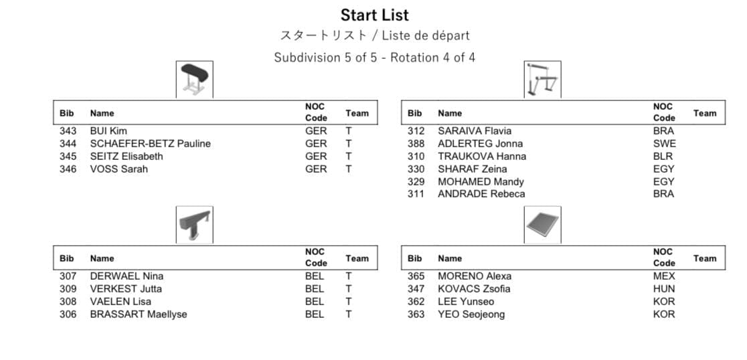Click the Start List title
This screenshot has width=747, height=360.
374,15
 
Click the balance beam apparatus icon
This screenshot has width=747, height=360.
194,225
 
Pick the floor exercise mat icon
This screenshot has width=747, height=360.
542,225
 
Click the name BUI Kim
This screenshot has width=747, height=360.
108,131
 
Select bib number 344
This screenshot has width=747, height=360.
68,144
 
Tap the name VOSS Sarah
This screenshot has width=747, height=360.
119,169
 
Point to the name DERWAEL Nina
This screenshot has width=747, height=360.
127,276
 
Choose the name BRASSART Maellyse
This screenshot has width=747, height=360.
139,314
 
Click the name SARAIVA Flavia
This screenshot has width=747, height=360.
474,131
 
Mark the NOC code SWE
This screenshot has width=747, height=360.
664,144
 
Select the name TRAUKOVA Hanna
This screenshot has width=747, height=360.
482,157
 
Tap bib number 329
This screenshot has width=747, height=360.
416,182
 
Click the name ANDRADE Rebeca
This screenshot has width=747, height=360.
481,195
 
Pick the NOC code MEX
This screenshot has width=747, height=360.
664,276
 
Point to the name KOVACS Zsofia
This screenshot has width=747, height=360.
473,289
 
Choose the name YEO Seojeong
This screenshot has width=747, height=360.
471,314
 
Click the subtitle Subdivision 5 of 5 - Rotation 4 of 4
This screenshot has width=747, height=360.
374,58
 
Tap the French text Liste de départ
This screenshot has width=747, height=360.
426,35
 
